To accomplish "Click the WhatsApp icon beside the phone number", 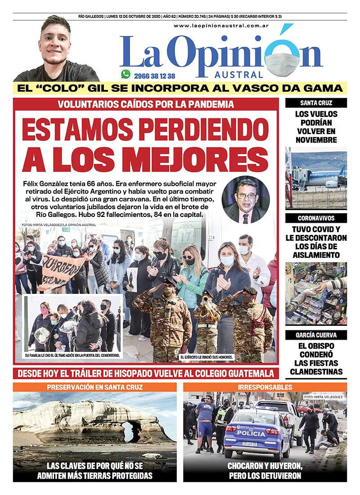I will pos(126,74).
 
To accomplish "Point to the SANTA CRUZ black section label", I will pos(316,103).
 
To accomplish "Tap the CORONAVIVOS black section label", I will pos(316,218).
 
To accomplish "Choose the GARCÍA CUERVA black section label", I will pos(316,335).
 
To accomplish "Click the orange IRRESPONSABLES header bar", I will pos(265,387).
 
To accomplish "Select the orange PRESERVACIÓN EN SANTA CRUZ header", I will pos(94,387).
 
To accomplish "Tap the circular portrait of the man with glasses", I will pos(246,199).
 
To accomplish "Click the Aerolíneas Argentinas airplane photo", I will pos(316,177).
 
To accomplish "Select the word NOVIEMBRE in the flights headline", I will pos(316,140).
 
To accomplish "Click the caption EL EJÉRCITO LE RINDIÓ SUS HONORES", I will pos(207,357).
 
